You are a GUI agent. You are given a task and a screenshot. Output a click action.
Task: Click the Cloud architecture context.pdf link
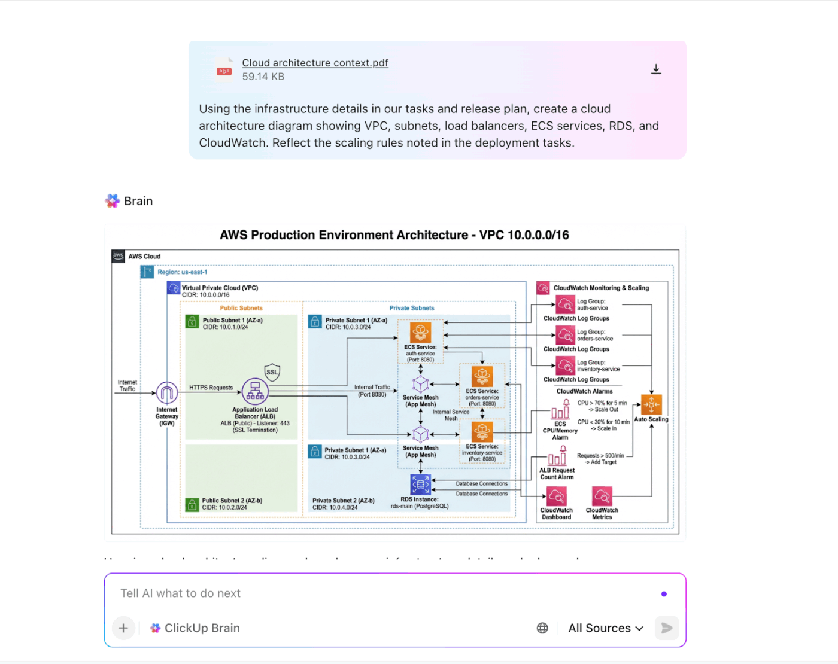[x=315, y=63]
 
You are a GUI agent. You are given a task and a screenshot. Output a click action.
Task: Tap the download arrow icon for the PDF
[x=656, y=69]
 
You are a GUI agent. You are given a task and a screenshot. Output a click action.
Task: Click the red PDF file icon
[x=224, y=69]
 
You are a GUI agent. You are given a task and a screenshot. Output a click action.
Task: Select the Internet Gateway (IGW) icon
[x=167, y=393]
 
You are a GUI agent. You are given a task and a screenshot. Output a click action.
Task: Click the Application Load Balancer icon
[x=255, y=391]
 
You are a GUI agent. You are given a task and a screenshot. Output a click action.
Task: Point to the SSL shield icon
[x=272, y=372]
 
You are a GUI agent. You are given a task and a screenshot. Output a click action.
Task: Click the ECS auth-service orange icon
[x=420, y=333]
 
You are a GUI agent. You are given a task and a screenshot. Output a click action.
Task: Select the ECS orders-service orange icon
[x=482, y=377]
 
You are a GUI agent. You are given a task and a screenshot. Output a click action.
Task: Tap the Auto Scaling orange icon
[x=651, y=405]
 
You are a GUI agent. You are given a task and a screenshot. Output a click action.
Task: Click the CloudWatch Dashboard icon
[x=557, y=497]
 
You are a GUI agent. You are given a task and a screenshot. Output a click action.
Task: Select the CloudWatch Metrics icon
[x=602, y=497]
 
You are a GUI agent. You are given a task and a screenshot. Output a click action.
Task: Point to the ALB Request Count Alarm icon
[x=557, y=457]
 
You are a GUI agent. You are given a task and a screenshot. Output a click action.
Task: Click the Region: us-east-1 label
[x=182, y=272]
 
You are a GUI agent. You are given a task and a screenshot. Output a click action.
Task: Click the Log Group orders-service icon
[x=566, y=335]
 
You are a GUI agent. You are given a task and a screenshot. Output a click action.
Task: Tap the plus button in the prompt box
[x=123, y=628]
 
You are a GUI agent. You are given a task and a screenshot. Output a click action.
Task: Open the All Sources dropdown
[x=606, y=628]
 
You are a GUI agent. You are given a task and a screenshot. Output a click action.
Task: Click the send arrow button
[x=666, y=628]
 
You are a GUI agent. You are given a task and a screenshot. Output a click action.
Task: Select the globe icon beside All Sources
[x=542, y=628]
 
